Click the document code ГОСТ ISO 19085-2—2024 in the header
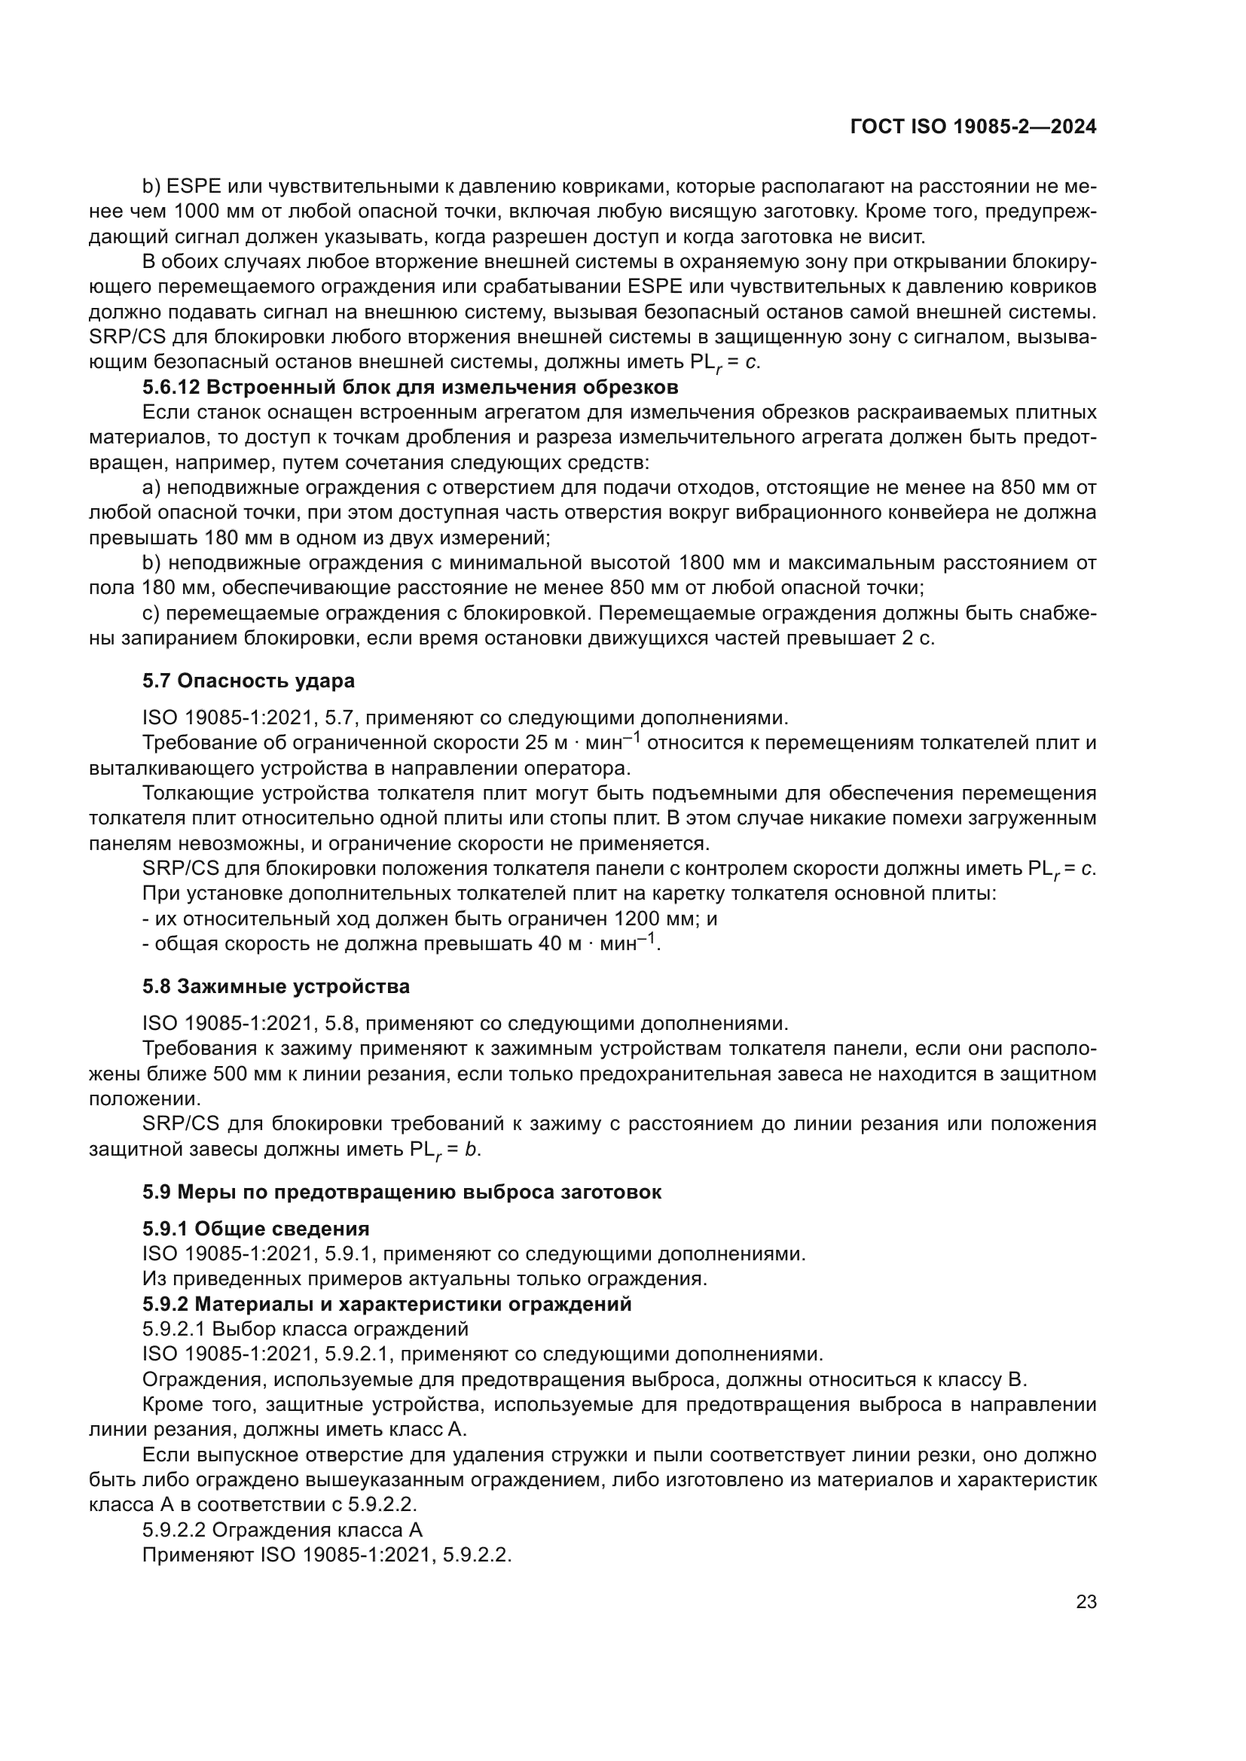973,127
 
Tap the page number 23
1086,1601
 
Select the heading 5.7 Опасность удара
248,681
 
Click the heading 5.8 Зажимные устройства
276,986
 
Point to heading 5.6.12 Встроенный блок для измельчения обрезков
410,386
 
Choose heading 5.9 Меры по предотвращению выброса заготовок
402,1192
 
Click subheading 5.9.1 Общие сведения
255,1229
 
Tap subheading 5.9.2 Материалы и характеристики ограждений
386,1304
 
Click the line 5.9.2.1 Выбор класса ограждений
304,1329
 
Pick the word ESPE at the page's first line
194,187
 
